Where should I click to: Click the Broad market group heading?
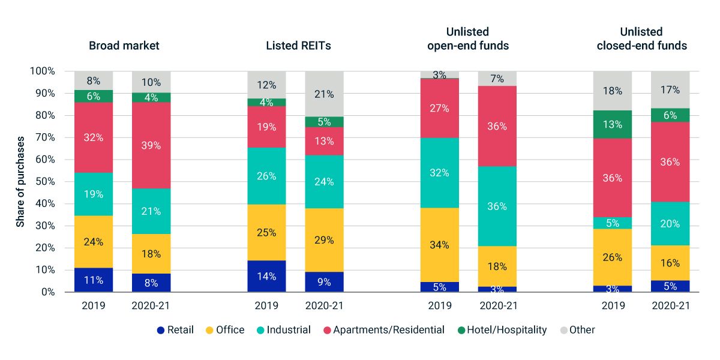[x=124, y=46]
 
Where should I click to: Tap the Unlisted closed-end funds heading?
[x=641, y=38]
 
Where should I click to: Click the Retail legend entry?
[x=175, y=329]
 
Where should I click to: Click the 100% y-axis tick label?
[x=43, y=71]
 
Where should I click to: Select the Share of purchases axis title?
[x=20, y=181]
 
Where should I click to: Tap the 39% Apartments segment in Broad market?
[x=151, y=146]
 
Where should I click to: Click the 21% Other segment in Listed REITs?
[x=324, y=94]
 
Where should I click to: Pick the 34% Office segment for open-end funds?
[x=439, y=245]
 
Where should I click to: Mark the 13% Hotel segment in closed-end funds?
[x=613, y=125]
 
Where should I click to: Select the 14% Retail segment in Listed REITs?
[x=266, y=277]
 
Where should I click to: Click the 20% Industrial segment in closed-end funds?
[x=670, y=224]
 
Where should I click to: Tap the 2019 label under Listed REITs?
[x=266, y=305]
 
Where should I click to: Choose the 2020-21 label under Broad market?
[x=151, y=305]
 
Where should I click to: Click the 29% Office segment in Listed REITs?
[x=324, y=240]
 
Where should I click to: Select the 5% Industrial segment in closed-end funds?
[x=613, y=223]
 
